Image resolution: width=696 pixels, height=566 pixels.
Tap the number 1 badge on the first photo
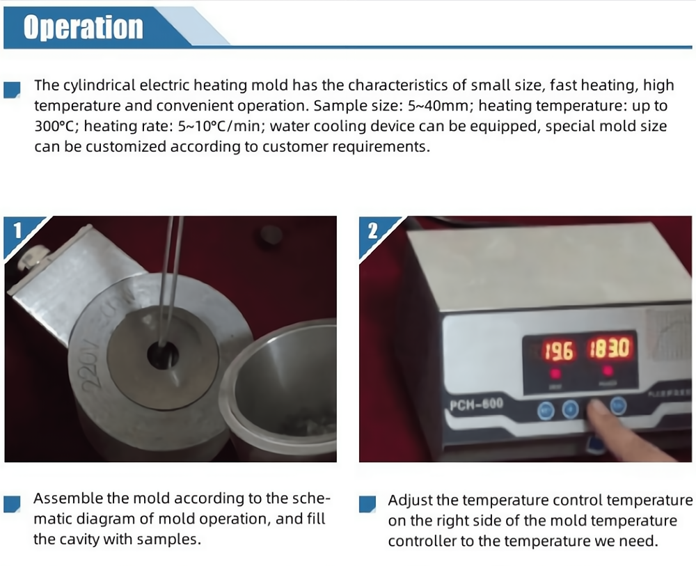click(x=17, y=231)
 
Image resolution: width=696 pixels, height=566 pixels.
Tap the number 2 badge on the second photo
click(x=373, y=231)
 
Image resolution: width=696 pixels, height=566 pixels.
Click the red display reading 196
click(x=559, y=351)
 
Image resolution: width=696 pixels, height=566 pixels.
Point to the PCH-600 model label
click(x=476, y=404)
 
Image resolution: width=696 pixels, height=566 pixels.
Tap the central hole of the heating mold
click(x=162, y=356)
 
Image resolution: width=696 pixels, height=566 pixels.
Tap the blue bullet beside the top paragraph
click(x=12, y=89)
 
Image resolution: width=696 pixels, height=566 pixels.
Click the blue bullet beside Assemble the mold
click(x=12, y=504)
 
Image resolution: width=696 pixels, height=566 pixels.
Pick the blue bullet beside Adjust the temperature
click(x=367, y=504)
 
